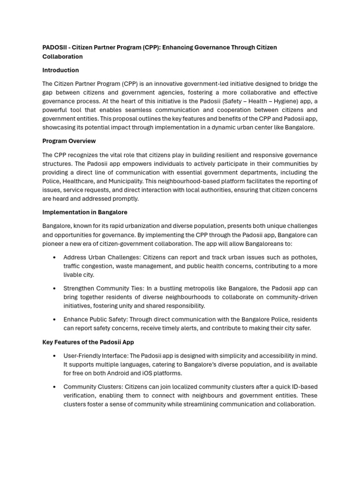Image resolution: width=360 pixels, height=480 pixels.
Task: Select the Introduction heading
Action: pos(60,70)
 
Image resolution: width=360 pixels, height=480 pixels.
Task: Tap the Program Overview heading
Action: pos(69,141)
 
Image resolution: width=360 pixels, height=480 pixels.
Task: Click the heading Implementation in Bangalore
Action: pos(85,212)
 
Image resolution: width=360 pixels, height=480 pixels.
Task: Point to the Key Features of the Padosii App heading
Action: pos(89,342)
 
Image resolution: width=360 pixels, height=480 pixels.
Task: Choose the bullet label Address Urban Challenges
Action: pos(101,257)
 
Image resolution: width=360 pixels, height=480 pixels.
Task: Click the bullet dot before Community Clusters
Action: pos(55,387)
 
